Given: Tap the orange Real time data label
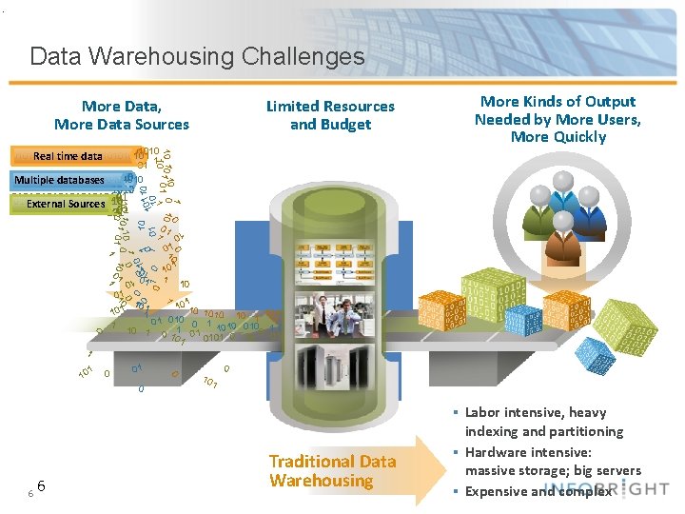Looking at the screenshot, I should pyautogui.click(x=68, y=156).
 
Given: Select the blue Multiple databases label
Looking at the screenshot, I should pyautogui.click(x=60, y=180).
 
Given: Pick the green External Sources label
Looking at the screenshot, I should pyautogui.click(x=66, y=204).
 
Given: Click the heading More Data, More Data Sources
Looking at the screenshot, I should pyautogui.click(x=122, y=115).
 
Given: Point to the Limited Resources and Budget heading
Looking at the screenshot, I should pyautogui.click(x=330, y=115).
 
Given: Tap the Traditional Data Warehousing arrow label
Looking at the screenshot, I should pyautogui.click(x=332, y=471).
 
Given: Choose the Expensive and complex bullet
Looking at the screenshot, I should pyautogui.click(x=538, y=491).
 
